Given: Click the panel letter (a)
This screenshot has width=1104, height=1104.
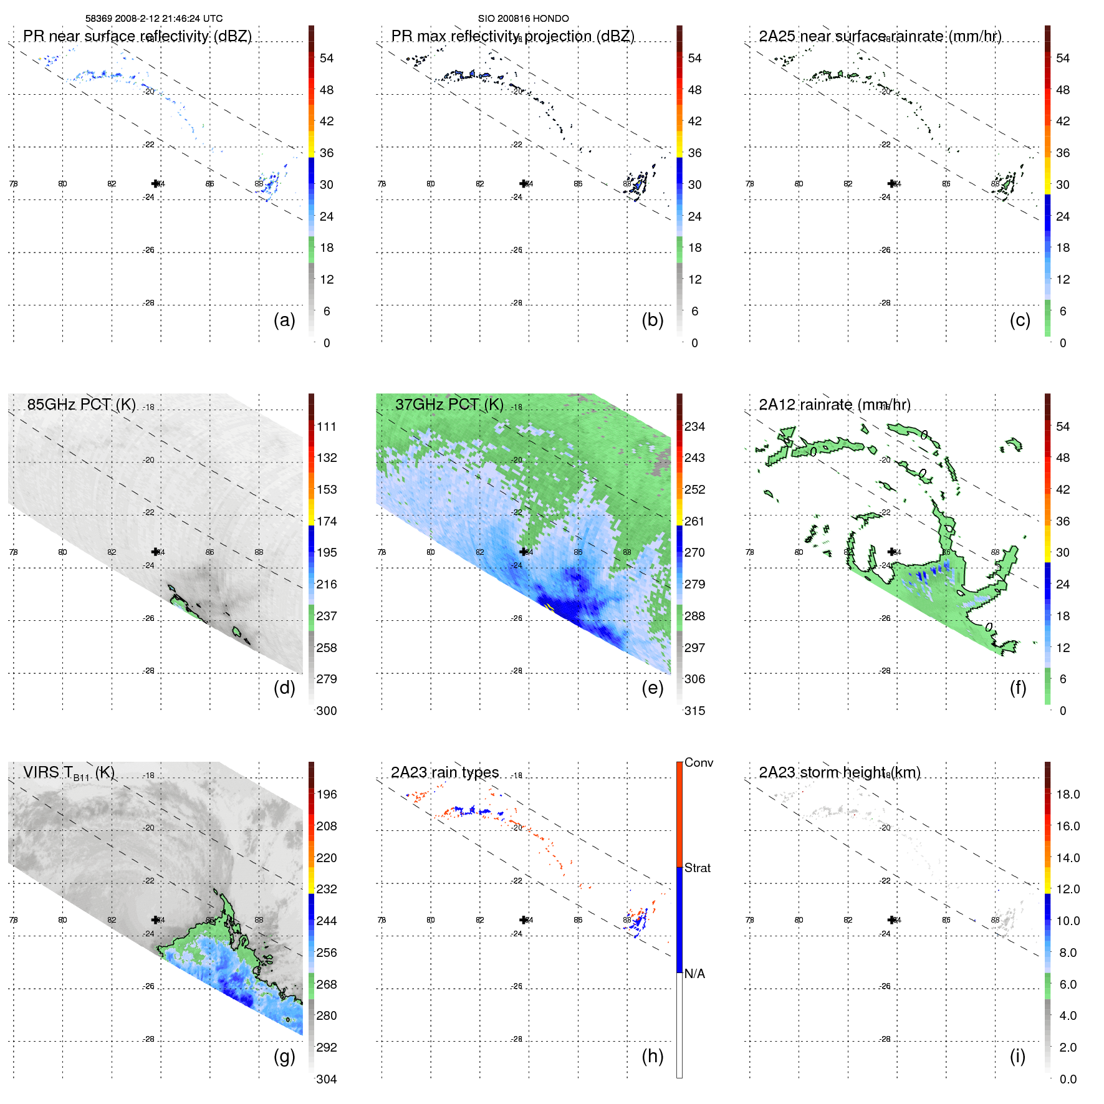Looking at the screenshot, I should [284, 320].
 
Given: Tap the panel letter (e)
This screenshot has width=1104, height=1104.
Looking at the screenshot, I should [652, 688].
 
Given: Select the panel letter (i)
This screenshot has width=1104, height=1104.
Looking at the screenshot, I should [1017, 1057].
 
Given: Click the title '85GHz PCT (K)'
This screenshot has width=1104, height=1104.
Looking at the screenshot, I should [81, 405].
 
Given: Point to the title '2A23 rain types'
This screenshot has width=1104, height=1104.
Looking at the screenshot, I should [444, 772].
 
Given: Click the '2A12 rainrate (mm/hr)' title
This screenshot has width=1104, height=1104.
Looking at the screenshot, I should [834, 405].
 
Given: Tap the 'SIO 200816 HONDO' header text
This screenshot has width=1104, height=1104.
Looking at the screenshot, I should [523, 19].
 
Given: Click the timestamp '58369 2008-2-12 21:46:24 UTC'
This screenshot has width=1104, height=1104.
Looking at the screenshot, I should [154, 19].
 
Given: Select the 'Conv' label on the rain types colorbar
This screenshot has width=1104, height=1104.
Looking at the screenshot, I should [699, 762].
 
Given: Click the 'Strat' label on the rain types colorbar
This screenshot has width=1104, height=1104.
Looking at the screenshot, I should [698, 868].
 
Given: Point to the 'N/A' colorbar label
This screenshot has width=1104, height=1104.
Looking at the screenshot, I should [694, 974].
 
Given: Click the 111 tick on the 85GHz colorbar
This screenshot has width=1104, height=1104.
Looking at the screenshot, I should [327, 426].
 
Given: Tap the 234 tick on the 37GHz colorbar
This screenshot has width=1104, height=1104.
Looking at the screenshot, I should [694, 426].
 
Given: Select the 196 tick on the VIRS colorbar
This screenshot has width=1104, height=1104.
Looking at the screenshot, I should [327, 794].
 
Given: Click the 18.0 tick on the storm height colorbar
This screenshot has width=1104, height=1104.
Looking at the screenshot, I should [1068, 794].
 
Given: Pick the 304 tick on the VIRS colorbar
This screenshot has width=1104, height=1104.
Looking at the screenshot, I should [327, 1079].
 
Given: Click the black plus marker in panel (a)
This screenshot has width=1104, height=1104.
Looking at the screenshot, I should [155, 183].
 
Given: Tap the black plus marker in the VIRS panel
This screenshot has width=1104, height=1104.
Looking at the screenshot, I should [155, 919].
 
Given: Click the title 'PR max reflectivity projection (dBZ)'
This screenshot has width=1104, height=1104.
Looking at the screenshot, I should [512, 36].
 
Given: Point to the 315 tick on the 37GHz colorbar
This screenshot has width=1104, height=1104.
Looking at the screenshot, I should [694, 711].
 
